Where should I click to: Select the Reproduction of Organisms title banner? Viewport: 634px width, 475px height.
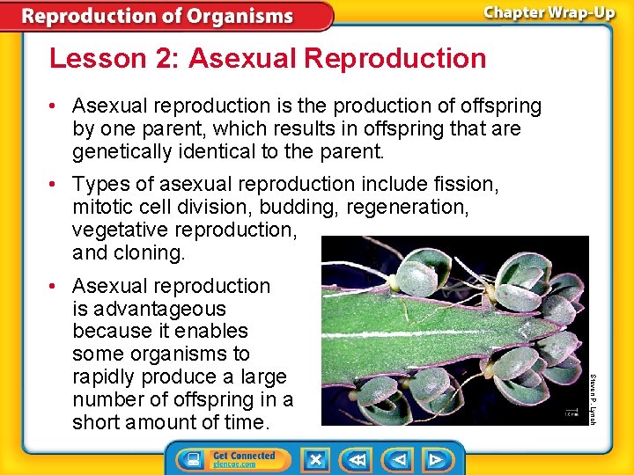(158, 16)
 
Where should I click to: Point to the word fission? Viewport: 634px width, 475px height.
(466, 185)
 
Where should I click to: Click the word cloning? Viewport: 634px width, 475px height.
(149, 253)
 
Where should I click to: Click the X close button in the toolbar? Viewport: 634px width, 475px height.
(315, 459)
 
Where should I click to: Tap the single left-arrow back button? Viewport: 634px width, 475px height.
(399, 459)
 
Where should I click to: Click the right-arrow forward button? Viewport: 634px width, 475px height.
(435, 459)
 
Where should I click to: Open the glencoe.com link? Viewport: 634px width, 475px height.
(233, 464)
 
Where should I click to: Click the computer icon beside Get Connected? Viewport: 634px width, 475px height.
(190, 459)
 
